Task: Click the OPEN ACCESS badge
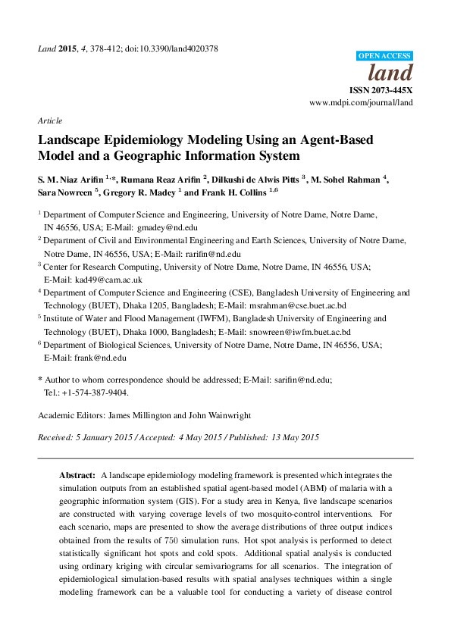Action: tap(384, 56)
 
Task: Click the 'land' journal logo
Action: tap(390, 73)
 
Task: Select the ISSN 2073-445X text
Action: tap(381, 89)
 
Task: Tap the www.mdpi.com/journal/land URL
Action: tap(361, 102)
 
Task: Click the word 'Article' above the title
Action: tap(49, 120)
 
